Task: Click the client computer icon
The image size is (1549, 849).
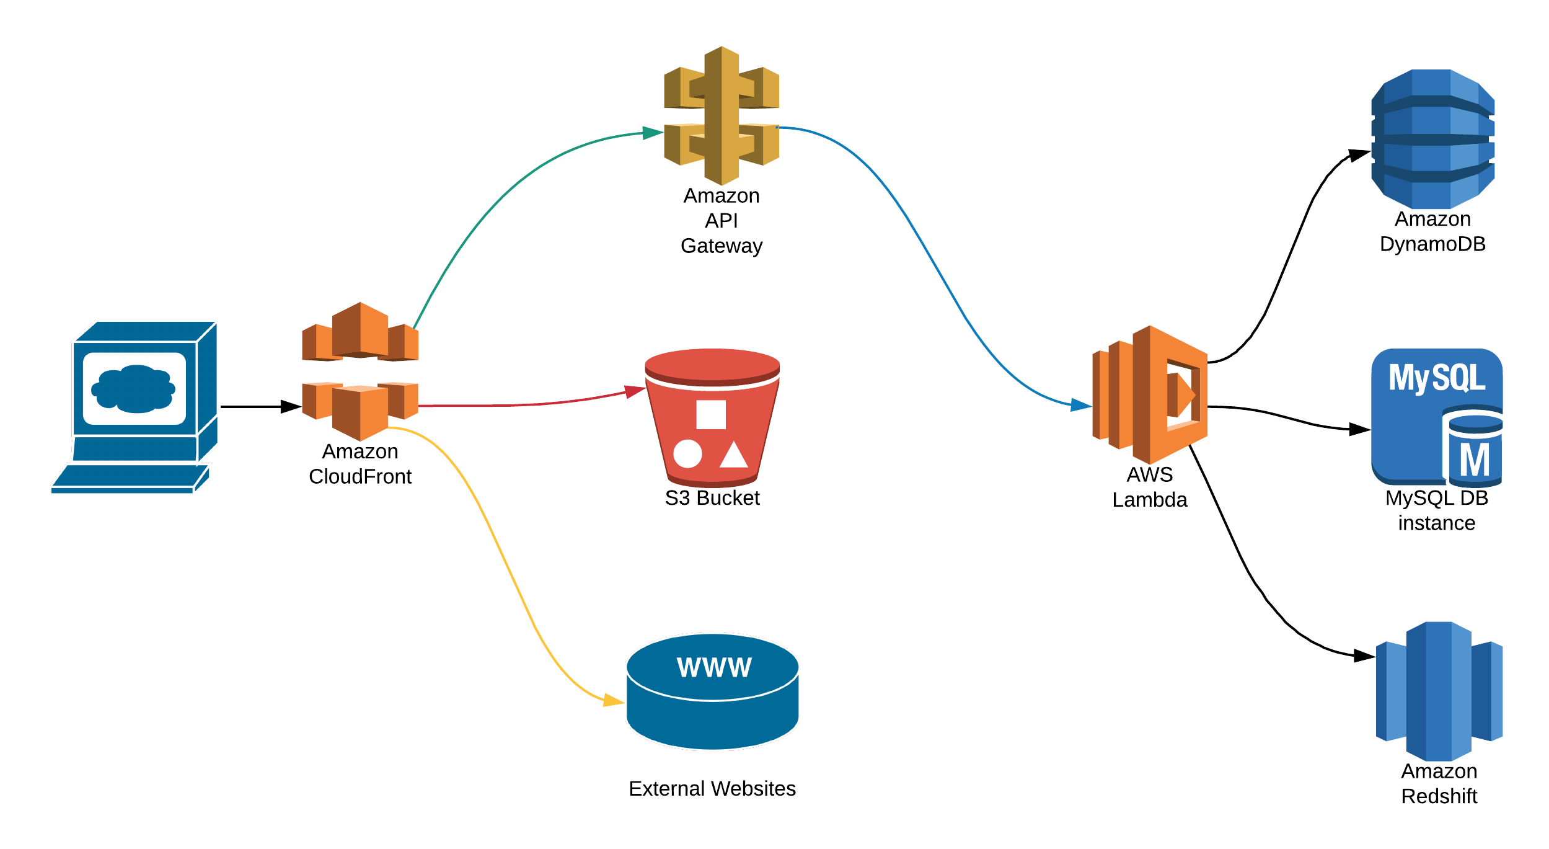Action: pos(135,407)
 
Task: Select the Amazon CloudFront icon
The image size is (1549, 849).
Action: pos(360,371)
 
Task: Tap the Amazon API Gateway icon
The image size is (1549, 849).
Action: pos(722,115)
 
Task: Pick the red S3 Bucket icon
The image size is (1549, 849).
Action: pos(712,417)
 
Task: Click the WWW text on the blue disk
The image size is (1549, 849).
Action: pos(714,667)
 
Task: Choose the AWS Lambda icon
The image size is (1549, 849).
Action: pos(1150,394)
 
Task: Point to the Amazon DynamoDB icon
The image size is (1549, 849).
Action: pos(1432,139)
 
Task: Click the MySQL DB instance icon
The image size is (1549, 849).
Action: pos(1437,418)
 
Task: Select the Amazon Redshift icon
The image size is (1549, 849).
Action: pos(1439,691)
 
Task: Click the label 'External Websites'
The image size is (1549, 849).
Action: pos(712,788)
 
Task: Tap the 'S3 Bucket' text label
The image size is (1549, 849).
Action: pos(712,498)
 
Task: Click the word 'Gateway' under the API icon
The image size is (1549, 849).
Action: pos(722,246)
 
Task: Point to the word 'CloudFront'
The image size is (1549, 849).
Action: pos(360,476)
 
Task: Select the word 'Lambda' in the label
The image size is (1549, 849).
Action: pos(1150,500)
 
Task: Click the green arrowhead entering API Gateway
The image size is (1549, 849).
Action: pos(653,133)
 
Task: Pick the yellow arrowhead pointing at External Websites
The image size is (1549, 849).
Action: pos(614,701)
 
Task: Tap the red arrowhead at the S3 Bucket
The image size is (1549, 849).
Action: pos(635,391)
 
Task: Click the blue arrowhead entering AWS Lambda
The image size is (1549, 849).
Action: pos(1082,406)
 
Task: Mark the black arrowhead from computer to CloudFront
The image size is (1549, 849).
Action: pos(291,407)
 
